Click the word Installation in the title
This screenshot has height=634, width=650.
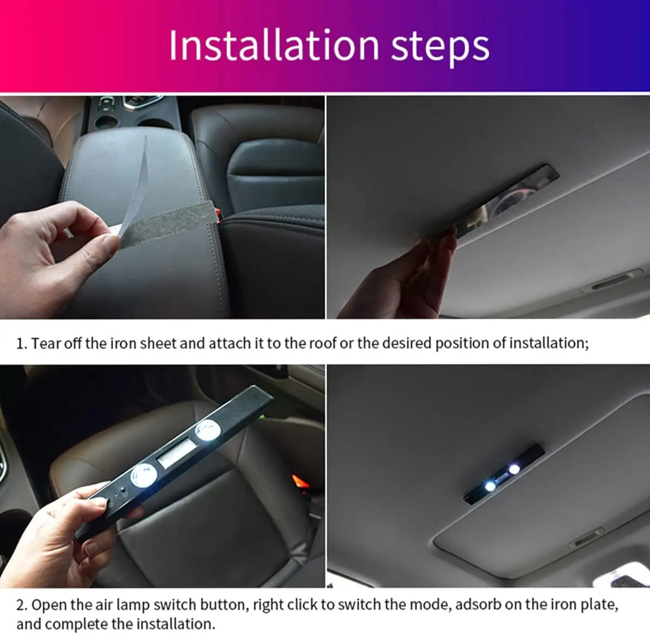coord(274,45)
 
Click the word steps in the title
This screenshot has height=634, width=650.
coord(440,48)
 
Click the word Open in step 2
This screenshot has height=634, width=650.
coord(49,605)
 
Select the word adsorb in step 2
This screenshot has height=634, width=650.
coord(478,605)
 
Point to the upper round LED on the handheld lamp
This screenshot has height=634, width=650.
coord(208,430)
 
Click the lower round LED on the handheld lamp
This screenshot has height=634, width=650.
coord(144,475)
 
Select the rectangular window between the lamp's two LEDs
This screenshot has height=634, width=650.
coord(177,453)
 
